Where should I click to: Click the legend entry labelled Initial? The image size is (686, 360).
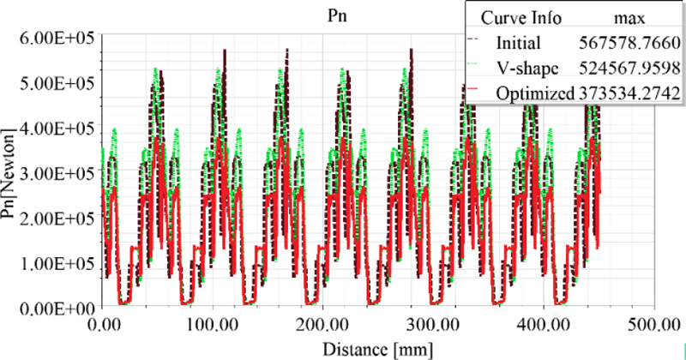[x=519, y=42]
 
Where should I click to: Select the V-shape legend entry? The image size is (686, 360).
[x=526, y=67]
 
